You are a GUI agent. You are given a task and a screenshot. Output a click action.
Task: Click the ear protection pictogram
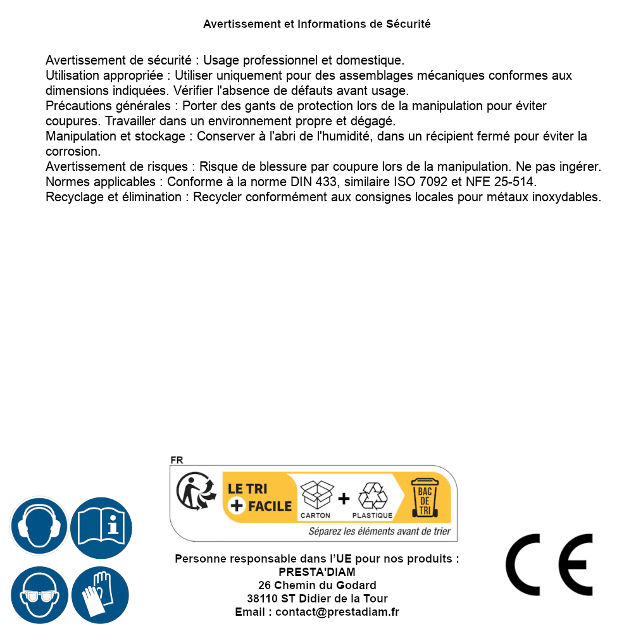click(x=39, y=527)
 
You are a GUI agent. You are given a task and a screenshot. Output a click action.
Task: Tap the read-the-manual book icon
click(x=101, y=527)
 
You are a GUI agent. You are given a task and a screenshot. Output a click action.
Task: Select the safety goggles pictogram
click(x=39, y=595)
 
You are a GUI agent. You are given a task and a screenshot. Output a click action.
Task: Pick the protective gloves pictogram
click(x=101, y=595)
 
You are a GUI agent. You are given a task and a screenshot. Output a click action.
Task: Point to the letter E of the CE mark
click(x=571, y=565)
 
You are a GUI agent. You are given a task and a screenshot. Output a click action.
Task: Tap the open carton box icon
click(x=316, y=496)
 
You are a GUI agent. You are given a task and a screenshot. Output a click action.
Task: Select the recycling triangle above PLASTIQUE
click(x=372, y=496)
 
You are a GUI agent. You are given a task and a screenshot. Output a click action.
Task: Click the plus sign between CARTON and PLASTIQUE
click(x=344, y=499)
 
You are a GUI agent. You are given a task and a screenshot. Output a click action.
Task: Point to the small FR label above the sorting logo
click(x=177, y=460)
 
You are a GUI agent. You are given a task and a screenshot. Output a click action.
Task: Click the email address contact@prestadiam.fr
click(x=337, y=612)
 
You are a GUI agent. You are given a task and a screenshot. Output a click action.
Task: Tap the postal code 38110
click(x=262, y=599)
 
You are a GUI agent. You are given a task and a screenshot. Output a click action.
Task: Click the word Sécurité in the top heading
click(x=408, y=24)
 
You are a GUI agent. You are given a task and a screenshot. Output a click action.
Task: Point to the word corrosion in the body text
click(x=73, y=152)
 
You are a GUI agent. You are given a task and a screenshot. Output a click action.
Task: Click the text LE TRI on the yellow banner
click(x=248, y=489)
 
